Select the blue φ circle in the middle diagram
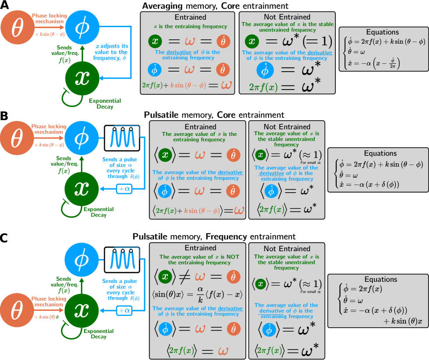[x=81, y=137]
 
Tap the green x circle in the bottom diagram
[x=82, y=310]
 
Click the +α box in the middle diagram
[x=123, y=189]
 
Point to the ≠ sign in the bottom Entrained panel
[x=182, y=276]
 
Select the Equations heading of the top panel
[x=382, y=32]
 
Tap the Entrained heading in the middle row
[x=200, y=127]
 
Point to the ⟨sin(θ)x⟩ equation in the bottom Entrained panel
[x=197, y=294]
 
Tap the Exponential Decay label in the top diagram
[x=105, y=104]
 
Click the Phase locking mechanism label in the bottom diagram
[x=49, y=301]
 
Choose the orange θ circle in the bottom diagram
[x=17, y=311]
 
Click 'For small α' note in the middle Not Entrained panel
[x=311, y=162]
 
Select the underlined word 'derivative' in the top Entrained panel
[x=181, y=52]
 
